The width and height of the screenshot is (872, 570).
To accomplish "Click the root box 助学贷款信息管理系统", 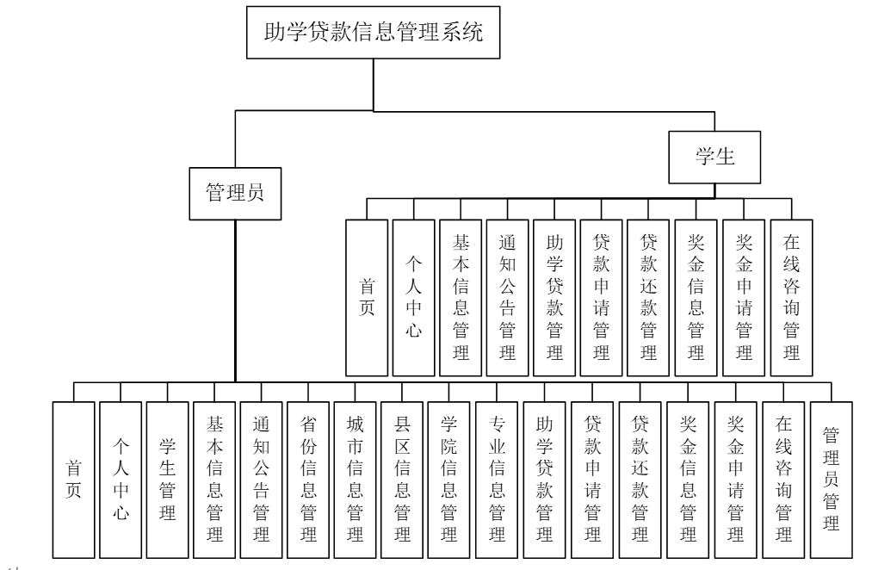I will tap(372, 34).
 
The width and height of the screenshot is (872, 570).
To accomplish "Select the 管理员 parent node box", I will tap(234, 194).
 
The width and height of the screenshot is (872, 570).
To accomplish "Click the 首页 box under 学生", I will tap(367, 297).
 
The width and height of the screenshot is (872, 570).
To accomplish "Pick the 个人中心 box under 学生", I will tap(414, 297).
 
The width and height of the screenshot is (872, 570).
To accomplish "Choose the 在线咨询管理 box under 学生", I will tap(791, 297).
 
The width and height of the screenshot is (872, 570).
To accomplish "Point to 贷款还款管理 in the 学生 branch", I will tap(650, 297).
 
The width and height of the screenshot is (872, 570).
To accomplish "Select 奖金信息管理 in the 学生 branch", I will tap(696, 297).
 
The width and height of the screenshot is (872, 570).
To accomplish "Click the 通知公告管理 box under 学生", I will tap(508, 297).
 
